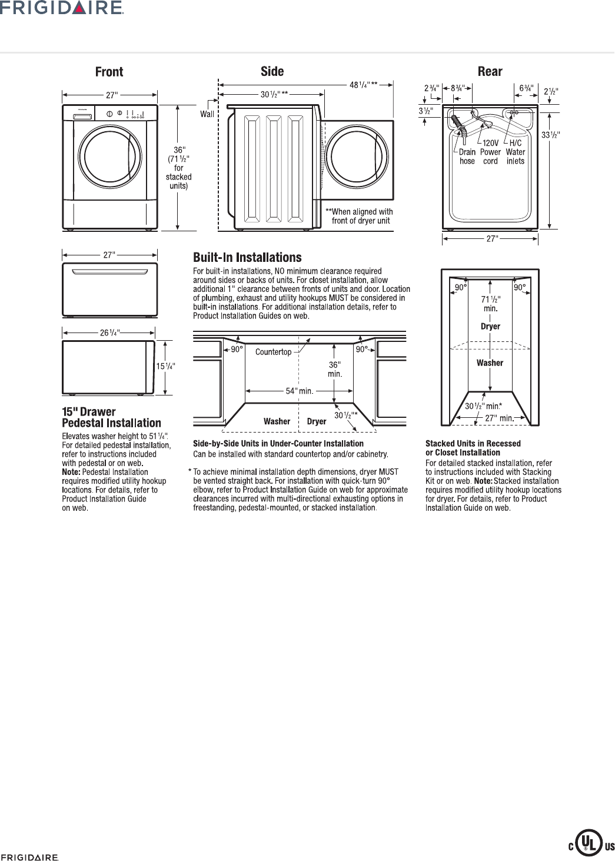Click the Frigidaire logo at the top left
62,8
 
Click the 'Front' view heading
109,72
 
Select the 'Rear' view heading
490,72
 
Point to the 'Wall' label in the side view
207,114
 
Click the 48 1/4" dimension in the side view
364,85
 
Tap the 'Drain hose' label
467,157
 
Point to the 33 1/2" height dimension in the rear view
550,135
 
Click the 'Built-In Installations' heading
248,258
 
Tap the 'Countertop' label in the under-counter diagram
273,352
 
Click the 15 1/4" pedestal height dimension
165,366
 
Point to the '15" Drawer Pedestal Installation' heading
111,417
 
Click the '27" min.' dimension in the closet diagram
498,417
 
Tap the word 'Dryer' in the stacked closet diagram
490,327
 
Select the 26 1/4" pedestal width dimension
110,333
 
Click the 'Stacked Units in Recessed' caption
473,443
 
